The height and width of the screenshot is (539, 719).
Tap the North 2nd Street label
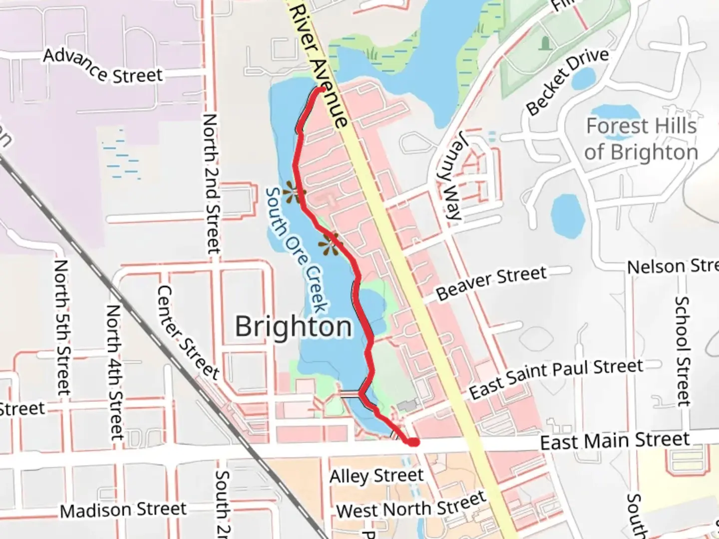tap(211, 183)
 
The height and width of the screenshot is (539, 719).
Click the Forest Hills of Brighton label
tap(641, 139)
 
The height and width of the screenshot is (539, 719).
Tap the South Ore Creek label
tap(297, 250)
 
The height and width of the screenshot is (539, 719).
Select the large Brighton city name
tap(294, 327)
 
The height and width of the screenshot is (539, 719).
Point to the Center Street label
tap(188, 332)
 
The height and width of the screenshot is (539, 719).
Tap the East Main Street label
tap(615, 441)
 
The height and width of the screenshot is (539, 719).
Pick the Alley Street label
tap(376, 476)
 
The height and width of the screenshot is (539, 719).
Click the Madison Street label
tap(123, 510)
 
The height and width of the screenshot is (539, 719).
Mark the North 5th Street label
tap(62, 327)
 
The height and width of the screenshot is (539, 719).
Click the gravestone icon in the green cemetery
tap(544, 43)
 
